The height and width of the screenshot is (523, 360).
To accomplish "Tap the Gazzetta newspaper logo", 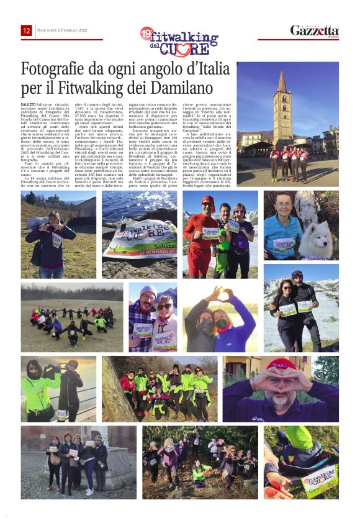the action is pos(315,30).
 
